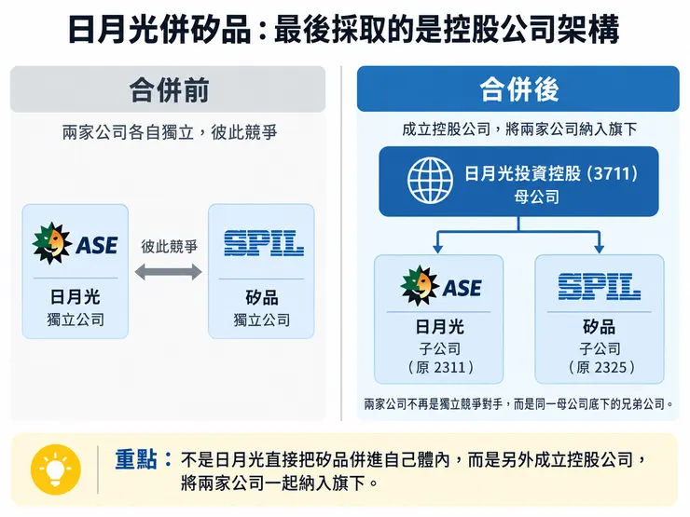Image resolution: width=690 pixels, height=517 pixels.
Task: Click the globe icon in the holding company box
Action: click(430, 181)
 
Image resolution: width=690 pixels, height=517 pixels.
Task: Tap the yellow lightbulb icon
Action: click(55, 469)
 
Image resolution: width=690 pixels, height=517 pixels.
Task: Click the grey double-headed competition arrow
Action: click(168, 272)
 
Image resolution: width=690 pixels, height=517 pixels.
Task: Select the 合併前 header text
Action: click(169, 90)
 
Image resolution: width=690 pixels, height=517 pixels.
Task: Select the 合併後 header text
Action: click(519, 89)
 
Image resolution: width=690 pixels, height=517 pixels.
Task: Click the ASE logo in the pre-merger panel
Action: click(75, 243)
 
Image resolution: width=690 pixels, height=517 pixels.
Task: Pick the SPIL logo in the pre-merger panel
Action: click(264, 243)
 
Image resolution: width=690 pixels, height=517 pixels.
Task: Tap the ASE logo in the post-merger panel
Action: click(441, 286)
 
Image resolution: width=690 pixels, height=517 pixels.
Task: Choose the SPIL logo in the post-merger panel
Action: click(600, 287)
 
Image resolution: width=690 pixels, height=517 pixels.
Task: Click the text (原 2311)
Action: click(440, 367)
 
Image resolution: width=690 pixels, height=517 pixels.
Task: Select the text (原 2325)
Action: click(601, 367)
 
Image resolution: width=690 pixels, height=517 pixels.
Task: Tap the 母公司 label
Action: click(537, 197)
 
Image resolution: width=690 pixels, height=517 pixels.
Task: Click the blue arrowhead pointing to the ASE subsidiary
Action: click(437, 249)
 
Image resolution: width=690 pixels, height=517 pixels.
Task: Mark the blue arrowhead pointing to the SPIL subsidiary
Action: click(599, 249)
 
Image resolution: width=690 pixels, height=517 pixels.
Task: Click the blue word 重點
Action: click(136, 459)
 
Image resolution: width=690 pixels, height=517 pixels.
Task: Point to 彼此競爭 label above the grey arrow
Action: click(169, 247)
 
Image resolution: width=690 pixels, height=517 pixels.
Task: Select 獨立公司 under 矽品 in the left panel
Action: click(262, 320)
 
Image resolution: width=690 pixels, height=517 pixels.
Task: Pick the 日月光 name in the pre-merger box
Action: click(76, 297)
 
